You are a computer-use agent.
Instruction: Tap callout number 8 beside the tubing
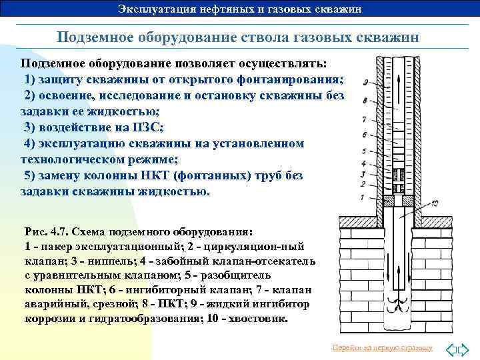[365, 101]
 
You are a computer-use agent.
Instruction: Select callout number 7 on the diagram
[364, 119]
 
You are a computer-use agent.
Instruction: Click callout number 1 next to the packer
[362, 197]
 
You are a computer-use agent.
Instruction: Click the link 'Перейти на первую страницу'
[382, 348]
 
